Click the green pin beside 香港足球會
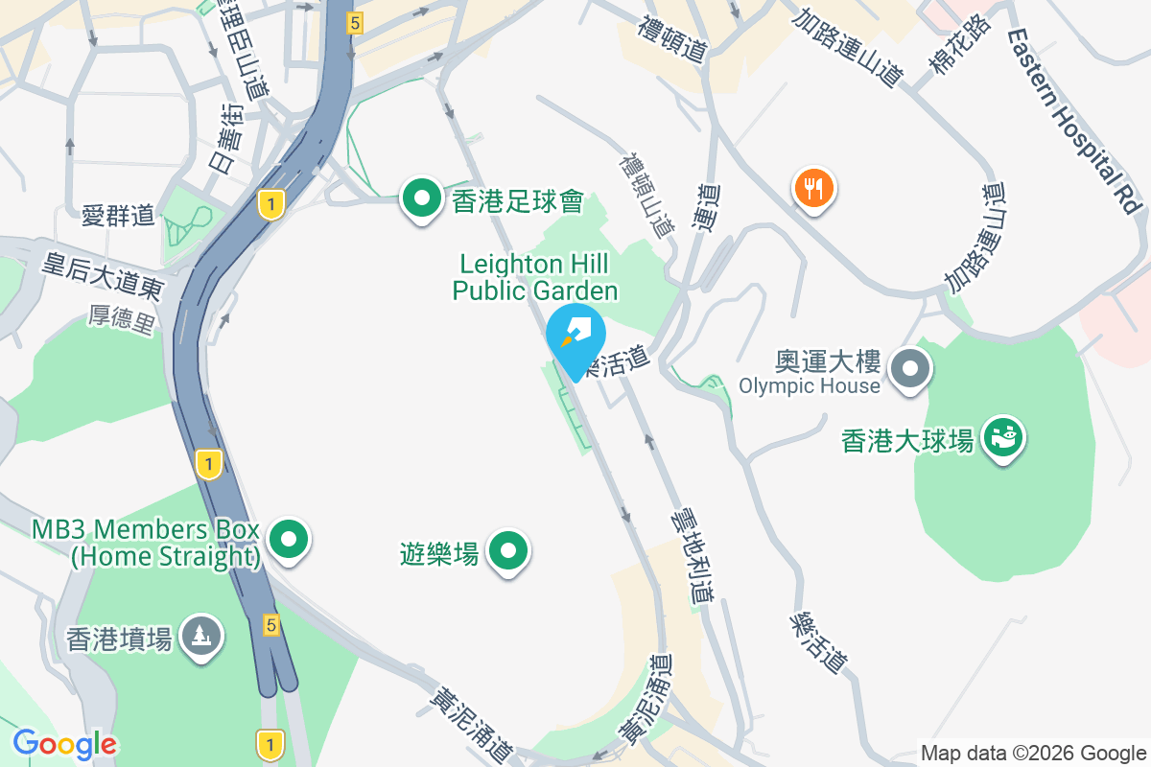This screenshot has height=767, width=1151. click(420, 198)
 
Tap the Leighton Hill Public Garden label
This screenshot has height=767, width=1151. click(535, 276)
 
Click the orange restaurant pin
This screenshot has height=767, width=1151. click(813, 188)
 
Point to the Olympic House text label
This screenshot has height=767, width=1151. click(809, 385)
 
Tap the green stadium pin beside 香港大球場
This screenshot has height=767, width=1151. click(1003, 438)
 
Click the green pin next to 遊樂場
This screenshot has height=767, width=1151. click(508, 551)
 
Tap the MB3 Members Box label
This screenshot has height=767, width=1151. click(146, 543)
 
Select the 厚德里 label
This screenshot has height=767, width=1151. click(122, 320)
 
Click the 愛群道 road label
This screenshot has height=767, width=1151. click(117, 216)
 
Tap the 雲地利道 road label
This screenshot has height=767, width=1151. click(692, 554)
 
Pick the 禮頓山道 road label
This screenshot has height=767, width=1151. click(646, 196)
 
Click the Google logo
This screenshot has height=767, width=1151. click(64, 743)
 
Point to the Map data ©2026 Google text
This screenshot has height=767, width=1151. click(1033, 754)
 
